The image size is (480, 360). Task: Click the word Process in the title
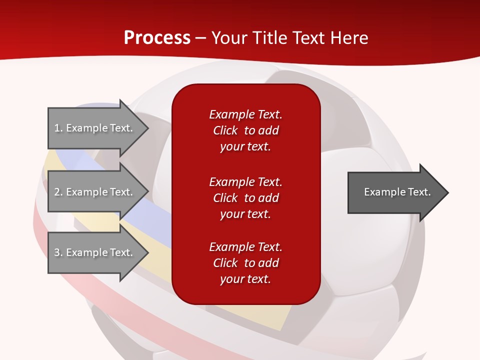(x=157, y=38)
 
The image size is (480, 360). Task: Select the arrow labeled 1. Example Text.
(x=95, y=128)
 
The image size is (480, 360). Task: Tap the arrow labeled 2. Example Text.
(x=95, y=192)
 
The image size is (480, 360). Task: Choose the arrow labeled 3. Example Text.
(x=95, y=252)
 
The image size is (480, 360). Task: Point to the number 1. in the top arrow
(x=58, y=128)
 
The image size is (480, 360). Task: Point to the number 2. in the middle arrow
(x=58, y=192)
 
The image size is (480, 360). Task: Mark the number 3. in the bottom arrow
(x=58, y=252)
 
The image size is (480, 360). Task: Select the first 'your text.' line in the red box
(x=245, y=147)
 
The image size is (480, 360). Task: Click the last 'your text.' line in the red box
(x=245, y=279)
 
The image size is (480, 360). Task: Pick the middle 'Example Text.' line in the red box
(x=245, y=181)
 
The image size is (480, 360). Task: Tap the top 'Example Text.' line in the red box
(x=245, y=114)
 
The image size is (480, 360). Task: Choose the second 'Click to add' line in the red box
(x=245, y=198)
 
